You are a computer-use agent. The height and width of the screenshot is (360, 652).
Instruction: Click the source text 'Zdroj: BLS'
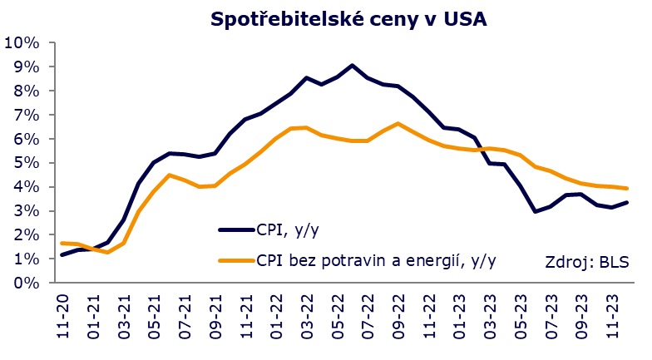[587, 263]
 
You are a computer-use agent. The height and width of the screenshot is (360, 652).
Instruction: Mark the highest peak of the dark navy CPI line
[353, 65]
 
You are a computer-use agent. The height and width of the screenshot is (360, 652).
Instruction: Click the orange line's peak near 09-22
[398, 124]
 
